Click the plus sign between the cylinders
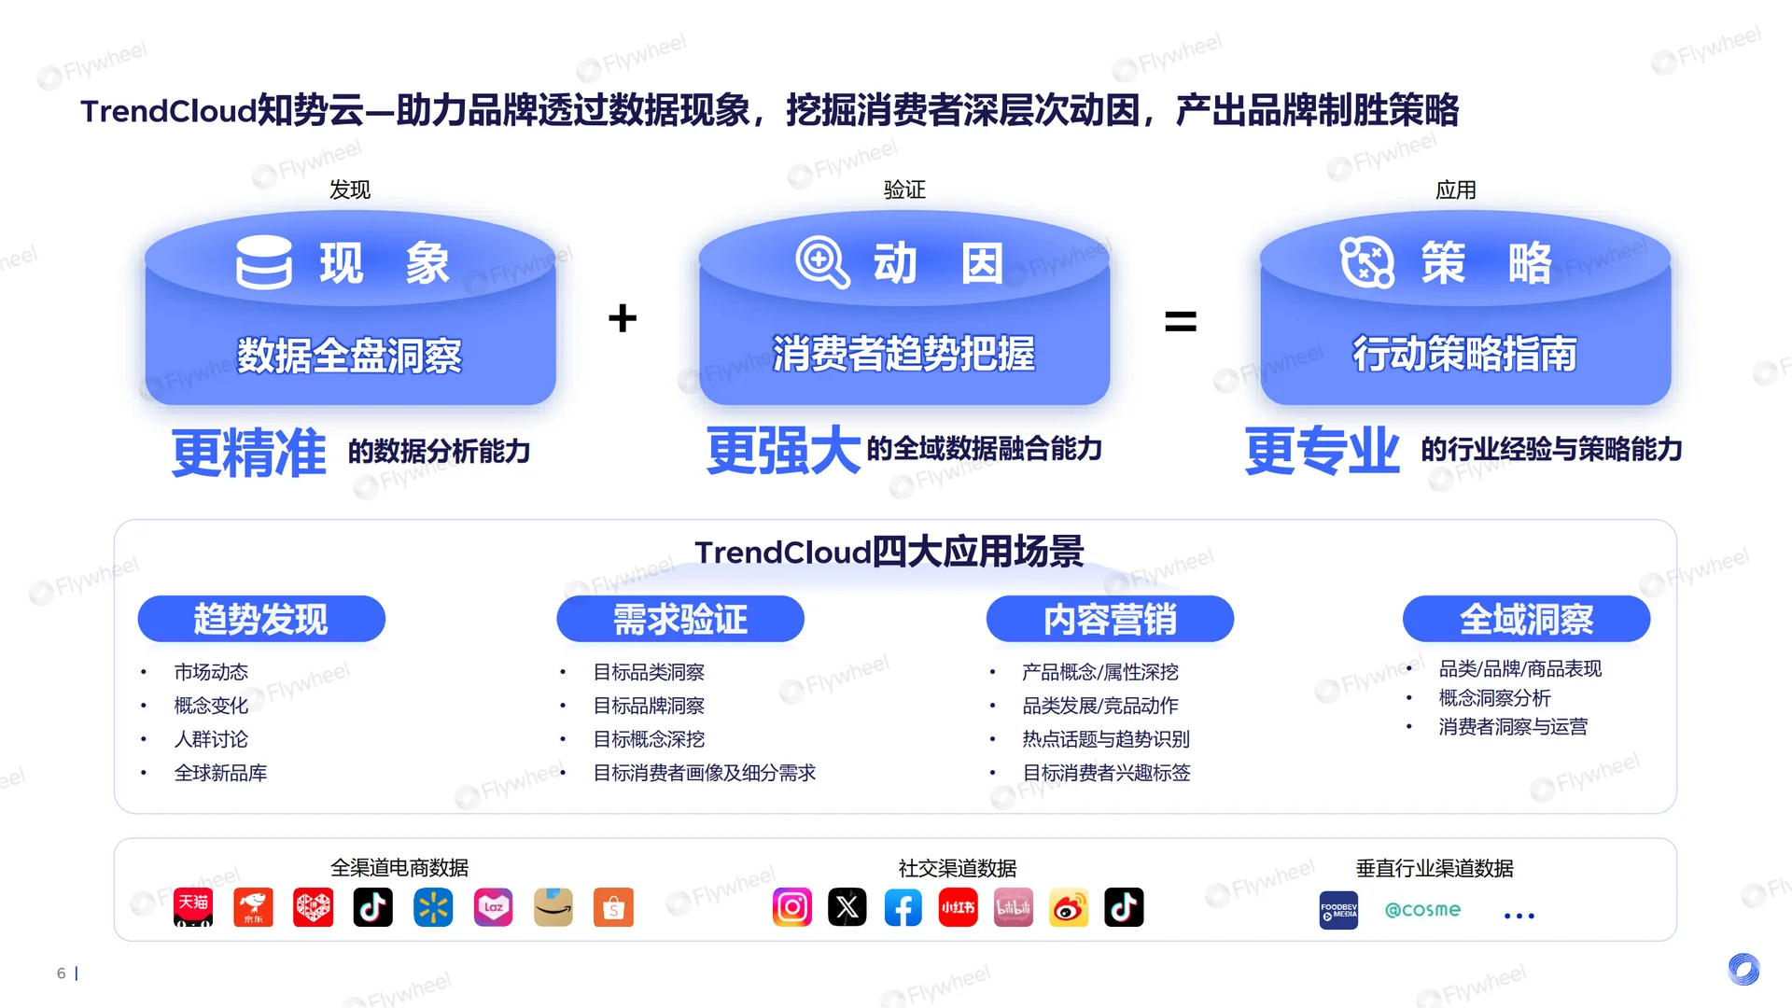point(623,318)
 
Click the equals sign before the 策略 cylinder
point(1181,322)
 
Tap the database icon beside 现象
point(264,262)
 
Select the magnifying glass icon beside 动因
point(821,262)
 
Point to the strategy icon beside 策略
point(1366,262)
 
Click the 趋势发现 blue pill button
point(261,619)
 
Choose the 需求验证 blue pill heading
point(679,619)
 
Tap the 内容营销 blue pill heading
point(1110,619)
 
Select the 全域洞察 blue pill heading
point(1526,619)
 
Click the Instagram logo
point(792,907)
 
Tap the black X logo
point(847,907)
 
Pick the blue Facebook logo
point(903,907)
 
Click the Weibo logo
point(1069,907)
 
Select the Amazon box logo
point(553,907)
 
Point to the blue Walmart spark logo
point(433,907)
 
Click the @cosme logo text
point(1422,909)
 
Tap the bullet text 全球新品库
point(220,773)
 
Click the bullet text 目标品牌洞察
point(649,706)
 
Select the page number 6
point(62,973)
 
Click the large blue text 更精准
point(249,454)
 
